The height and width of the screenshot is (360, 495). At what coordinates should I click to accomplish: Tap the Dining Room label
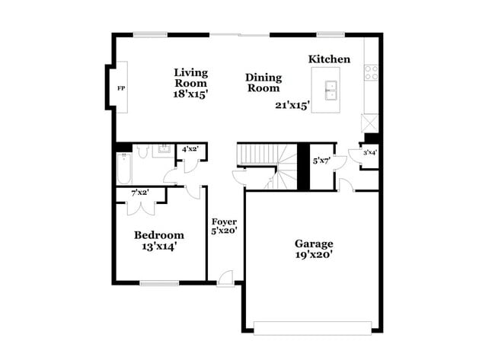pyautogui.click(x=263, y=82)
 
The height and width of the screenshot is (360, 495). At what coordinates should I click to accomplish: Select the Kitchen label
pyautogui.click(x=329, y=59)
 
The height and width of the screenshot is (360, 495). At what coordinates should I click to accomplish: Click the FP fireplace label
pyautogui.click(x=120, y=89)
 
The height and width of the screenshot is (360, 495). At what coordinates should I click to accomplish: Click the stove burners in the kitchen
pyautogui.click(x=372, y=73)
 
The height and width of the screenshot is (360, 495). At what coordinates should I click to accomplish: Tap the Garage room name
pyautogui.click(x=314, y=244)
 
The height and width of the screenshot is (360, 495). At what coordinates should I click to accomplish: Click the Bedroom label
pyautogui.click(x=159, y=235)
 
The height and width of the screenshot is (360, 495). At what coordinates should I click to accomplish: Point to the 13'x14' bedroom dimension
pyautogui.click(x=159, y=247)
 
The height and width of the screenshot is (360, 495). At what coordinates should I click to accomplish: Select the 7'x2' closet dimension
pyautogui.click(x=139, y=193)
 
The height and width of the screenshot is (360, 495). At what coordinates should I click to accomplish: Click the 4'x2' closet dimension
pyautogui.click(x=189, y=149)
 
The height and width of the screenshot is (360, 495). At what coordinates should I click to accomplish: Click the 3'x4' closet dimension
pyautogui.click(x=369, y=153)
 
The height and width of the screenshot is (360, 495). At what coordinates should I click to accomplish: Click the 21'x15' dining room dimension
pyautogui.click(x=292, y=106)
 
